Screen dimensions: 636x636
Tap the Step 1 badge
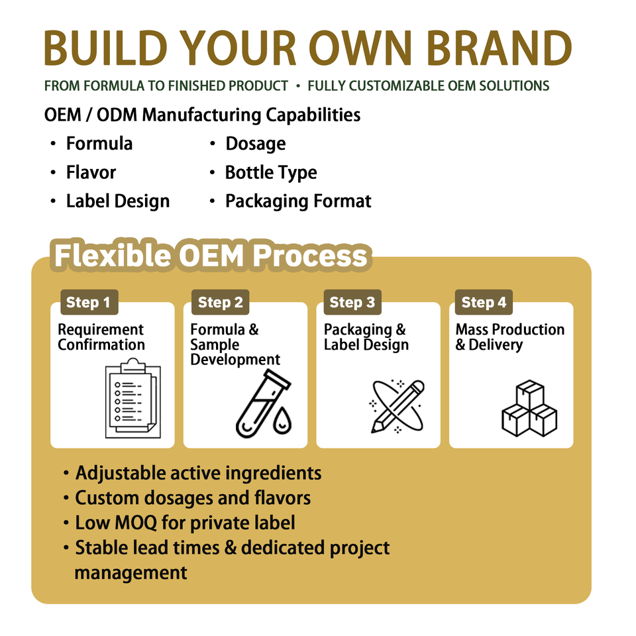(x=89, y=302)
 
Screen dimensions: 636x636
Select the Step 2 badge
(x=220, y=302)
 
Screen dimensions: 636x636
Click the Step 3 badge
(x=352, y=302)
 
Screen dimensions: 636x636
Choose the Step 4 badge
(x=484, y=302)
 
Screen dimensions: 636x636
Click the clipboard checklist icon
(x=133, y=398)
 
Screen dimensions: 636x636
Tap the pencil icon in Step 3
(x=398, y=406)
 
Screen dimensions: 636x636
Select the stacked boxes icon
(x=529, y=408)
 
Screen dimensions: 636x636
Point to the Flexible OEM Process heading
(x=211, y=256)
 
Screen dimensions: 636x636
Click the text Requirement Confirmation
(x=101, y=337)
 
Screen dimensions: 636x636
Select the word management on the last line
(x=131, y=572)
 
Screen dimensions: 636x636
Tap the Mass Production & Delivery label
(x=510, y=337)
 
